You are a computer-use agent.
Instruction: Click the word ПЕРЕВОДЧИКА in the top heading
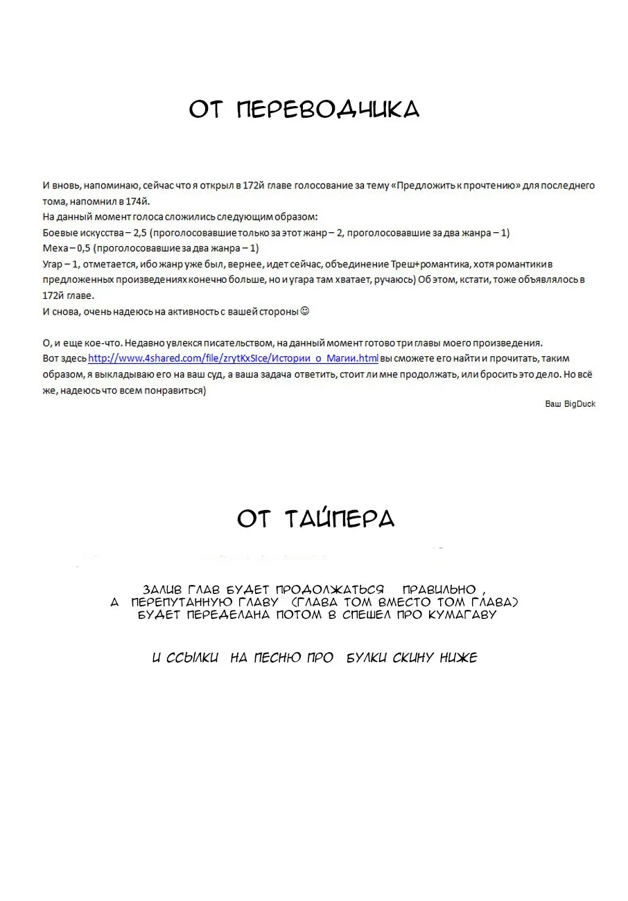tap(329, 110)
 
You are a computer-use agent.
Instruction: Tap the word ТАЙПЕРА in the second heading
tap(340, 518)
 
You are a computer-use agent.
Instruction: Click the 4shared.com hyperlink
tap(234, 358)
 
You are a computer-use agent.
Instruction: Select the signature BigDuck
tap(579, 404)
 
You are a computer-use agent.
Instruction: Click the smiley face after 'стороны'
tap(305, 311)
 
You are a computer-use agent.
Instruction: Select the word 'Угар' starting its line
tap(53, 264)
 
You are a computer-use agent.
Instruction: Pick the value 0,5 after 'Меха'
tap(82, 248)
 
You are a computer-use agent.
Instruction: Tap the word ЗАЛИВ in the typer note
tap(162, 589)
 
